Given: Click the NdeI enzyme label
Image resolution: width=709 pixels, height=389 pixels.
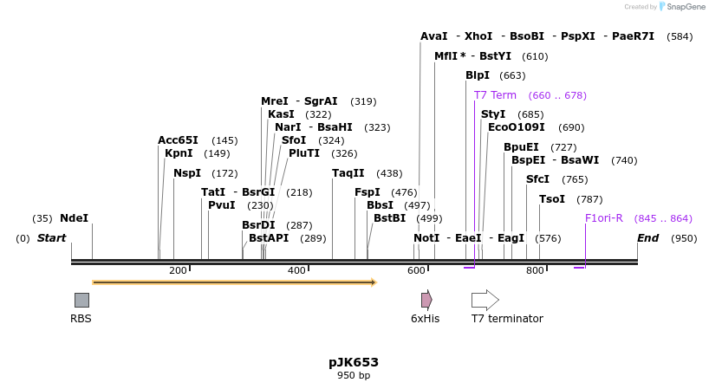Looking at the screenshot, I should tap(74, 218).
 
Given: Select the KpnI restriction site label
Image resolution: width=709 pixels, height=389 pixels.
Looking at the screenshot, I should tap(179, 153).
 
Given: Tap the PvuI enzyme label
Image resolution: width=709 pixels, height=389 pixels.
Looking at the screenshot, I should tap(222, 205).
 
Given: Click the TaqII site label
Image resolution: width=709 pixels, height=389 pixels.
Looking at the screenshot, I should tap(348, 173).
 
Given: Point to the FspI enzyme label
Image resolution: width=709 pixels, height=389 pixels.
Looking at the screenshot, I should tap(368, 192).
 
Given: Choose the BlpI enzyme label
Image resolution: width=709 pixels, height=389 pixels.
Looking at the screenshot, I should tap(478, 75).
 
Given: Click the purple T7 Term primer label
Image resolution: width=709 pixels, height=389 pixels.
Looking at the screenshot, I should tap(495, 95).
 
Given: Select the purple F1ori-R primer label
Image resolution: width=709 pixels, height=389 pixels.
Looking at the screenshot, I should tap(604, 218).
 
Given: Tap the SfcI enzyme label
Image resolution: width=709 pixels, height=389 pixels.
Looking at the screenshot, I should tap(537, 179).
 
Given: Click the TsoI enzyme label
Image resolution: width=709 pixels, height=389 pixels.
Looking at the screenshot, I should tap(552, 199).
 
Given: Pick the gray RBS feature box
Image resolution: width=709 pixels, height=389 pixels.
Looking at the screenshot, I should tap(81, 300).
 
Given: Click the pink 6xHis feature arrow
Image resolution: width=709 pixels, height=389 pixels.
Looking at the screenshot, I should tap(426, 300).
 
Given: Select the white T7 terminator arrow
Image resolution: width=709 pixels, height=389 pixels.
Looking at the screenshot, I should tap(485, 300).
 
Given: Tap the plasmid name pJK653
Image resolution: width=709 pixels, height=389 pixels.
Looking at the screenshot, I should tap(354, 362).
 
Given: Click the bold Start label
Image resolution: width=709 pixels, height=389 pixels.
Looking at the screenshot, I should tap(51, 238).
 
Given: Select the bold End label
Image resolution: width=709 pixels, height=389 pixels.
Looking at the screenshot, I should tap(647, 238).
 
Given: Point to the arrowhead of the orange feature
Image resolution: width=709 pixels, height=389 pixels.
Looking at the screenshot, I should tap(374, 282).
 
